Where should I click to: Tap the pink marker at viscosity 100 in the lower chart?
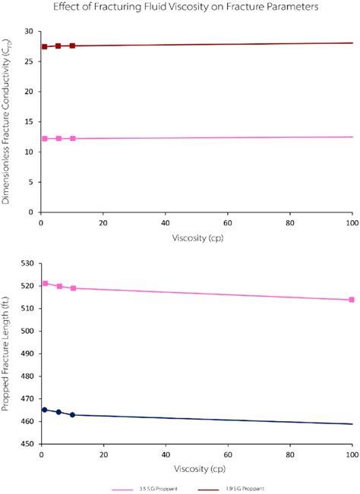coord(352,300)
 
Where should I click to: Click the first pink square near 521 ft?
coord(45,283)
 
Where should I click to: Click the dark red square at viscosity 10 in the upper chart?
coord(72,46)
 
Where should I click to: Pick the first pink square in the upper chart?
coord(45,139)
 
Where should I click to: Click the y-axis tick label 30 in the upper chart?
coord(31,32)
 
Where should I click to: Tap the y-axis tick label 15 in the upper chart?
coord(31,121)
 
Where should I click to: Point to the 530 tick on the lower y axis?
coord(29,263)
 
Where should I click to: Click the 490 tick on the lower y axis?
coord(29,354)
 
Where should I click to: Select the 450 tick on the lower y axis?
coord(29,444)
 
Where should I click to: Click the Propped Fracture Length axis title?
coord(8,354)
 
